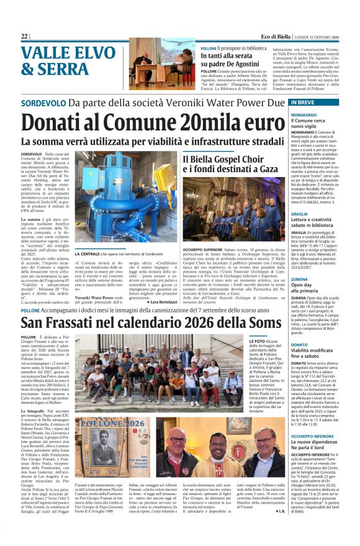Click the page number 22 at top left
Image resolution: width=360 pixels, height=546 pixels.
24,37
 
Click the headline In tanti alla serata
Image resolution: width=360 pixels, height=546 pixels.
228,57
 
